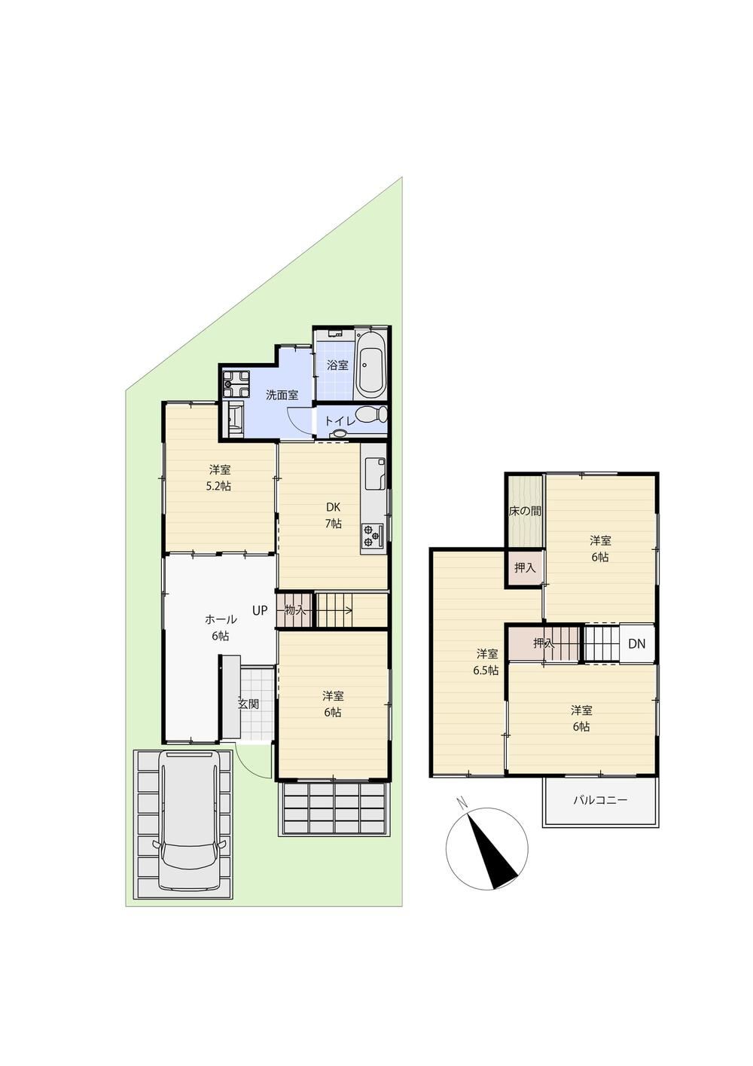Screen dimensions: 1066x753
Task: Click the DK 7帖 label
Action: click(x=333, y=515)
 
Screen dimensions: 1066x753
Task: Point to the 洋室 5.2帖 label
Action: click(x=219, y=478)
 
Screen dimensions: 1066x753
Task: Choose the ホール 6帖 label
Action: click(x=221, y=627)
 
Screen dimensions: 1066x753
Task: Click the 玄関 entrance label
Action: click(x=248, y=704)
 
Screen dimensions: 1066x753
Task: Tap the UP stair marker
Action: click(x=260, y=610)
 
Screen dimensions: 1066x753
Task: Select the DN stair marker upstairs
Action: click(x=636, y=644)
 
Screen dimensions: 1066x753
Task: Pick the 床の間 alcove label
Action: click(x=525, y=511)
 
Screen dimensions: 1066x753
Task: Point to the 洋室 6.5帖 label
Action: click(x=486, y=661)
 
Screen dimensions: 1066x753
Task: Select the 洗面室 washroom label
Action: click(x=282, y=395)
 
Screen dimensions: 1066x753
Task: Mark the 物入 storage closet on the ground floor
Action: click(x=295, y=610)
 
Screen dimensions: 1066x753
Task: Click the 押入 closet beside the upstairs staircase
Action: click(x=543, y=643)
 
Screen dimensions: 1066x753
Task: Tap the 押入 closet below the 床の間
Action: click(x=525, y=568)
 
